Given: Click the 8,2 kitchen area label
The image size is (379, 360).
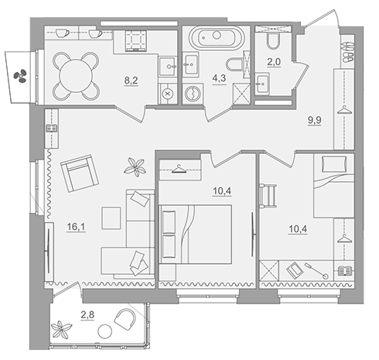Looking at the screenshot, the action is [131, 81].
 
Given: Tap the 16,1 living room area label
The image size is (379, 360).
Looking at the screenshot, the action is [76, 227].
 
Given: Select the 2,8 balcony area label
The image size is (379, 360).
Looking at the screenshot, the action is [87, 315].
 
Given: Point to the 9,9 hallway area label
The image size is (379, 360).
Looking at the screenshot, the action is [315, 120].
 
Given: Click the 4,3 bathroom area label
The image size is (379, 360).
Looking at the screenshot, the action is [219, 78].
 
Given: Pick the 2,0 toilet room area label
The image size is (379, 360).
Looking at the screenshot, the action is [274, 62].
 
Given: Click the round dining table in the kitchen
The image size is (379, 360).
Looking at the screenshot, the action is [76, 76].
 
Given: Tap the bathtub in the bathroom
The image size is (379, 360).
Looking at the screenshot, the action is [217, 37].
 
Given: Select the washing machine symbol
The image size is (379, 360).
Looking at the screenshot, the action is [193, 94].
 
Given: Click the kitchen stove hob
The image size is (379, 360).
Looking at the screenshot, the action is [136, 40].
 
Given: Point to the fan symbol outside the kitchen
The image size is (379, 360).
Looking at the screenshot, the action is [20, 76].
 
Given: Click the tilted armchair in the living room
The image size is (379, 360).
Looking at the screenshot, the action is [80, 173].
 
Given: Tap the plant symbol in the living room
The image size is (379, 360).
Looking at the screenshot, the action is [135, 167].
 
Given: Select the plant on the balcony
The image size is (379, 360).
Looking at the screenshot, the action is [60, 330].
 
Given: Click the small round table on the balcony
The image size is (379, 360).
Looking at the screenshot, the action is [105, 331].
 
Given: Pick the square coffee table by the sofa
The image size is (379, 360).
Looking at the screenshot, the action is [111, 218].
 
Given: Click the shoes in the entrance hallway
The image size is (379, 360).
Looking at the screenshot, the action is [348, 52].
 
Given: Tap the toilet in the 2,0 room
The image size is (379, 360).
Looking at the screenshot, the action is [273, 41].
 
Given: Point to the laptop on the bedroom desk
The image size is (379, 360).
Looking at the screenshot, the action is [295, 270].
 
